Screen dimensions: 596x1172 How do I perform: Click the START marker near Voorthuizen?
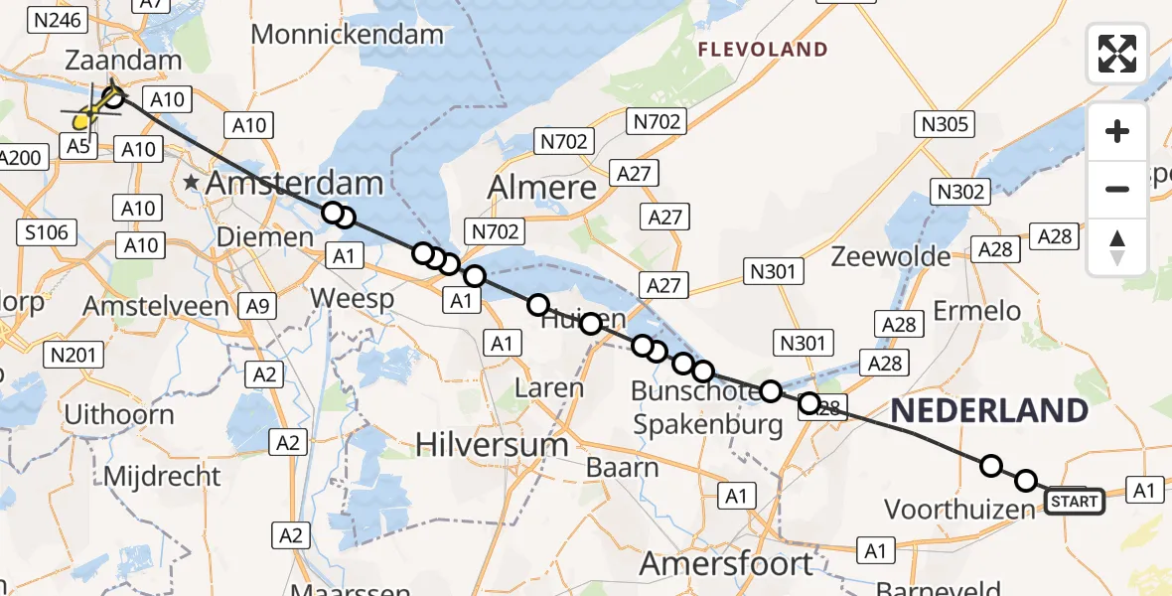(1075, 502)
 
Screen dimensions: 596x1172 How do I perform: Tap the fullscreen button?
(1116, 53)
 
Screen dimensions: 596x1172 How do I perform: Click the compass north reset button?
(1116, 247)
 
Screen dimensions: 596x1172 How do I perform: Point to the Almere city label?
(542, 187)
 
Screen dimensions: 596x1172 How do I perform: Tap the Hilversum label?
(492, 444)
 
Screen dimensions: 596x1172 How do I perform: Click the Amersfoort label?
(726, 564)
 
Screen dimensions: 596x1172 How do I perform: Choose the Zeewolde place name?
(890, 256)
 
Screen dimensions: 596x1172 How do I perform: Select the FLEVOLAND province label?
(763, 50)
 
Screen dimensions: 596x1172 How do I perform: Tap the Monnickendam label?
(348, 35)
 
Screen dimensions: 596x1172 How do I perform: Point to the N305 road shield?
(943, 124)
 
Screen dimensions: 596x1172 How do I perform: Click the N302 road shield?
(960, 192)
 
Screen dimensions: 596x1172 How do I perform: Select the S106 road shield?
(46, 233)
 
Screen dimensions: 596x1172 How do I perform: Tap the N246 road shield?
(62, 19)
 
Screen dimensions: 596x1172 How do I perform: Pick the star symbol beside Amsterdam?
(190, 184)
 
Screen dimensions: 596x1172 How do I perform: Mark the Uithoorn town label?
(118, 414)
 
